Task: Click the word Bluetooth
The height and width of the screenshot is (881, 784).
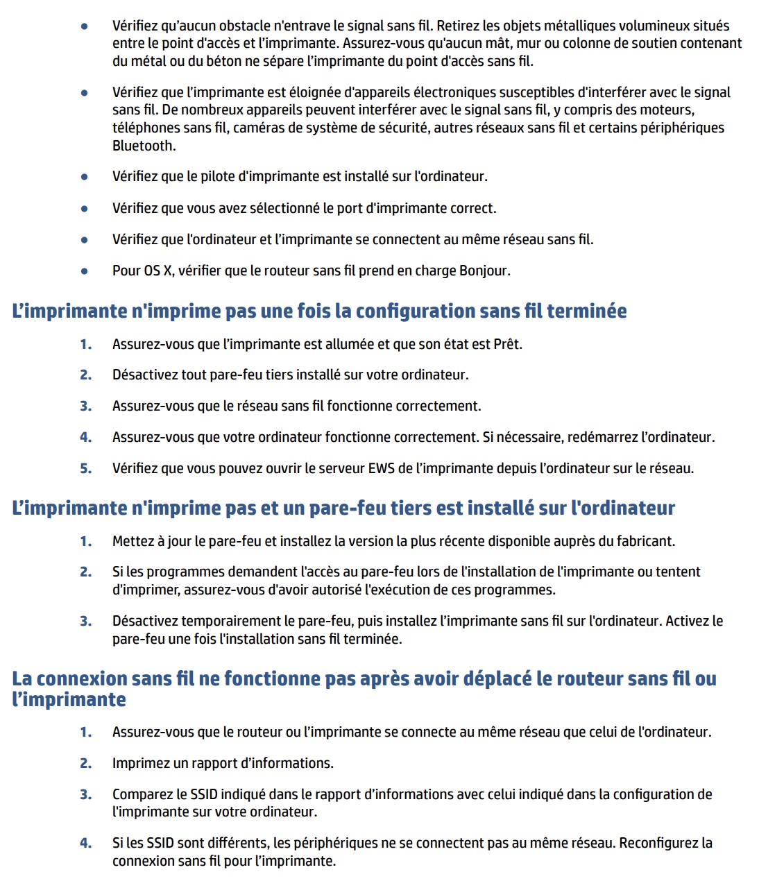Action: (x=143, y=146)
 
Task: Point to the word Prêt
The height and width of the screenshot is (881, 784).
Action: (x=506, y=344)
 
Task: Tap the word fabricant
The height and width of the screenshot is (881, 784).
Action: (x=644, y=541)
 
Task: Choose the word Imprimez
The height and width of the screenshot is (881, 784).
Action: (x=141, y=763)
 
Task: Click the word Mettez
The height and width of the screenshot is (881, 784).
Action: (x=135, y=541)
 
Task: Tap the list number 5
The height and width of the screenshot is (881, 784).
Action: (x=85, y=468)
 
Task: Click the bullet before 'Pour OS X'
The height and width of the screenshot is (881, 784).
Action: (x=85, y=271)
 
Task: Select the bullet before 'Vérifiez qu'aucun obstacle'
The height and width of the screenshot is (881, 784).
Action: (x=85, y=26)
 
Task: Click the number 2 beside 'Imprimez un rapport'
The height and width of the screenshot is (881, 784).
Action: (x=85, y=763)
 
